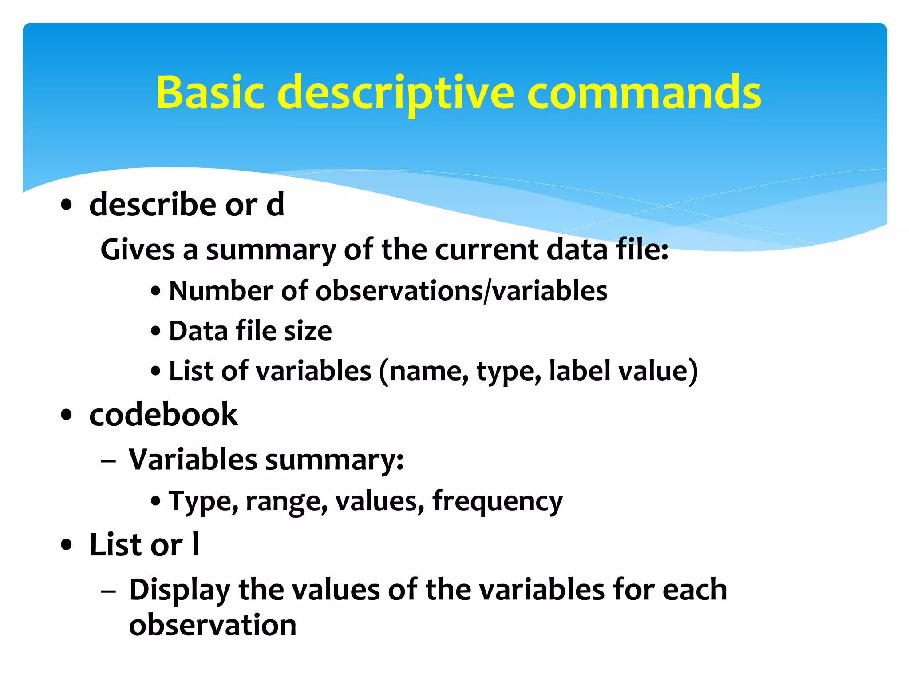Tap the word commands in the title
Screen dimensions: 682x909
tap(644, 92)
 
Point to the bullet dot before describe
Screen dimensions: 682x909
tap(67, 205)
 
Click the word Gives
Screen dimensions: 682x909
tap(137, 249)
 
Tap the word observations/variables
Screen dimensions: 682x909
tap(461, 292)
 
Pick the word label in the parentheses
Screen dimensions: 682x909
tap(580, 371)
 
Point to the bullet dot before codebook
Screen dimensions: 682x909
tap(67, 415)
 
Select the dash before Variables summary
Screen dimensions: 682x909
tap(108, 461)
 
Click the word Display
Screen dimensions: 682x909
tap(179, 591)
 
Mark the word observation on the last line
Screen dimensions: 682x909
tap(212, 625)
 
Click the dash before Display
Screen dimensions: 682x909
tap(108, 591)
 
